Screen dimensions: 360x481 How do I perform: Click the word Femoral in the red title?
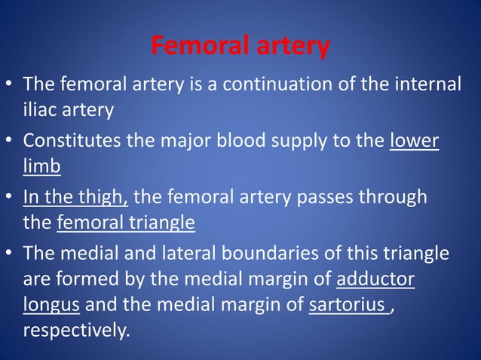coord(193,47)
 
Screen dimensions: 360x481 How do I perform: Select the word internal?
coord(428,84)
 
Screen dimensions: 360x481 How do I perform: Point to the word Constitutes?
coord(73,140)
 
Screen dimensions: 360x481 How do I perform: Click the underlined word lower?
coord(414,140)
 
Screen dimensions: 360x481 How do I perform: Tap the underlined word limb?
coord(41,166)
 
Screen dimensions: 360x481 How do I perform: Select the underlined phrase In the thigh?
coord(75,197)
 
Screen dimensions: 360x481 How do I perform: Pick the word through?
coord(392,197)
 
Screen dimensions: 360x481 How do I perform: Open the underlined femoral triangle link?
coord(126,223)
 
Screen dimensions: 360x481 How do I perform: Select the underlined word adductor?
coord(375,279)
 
